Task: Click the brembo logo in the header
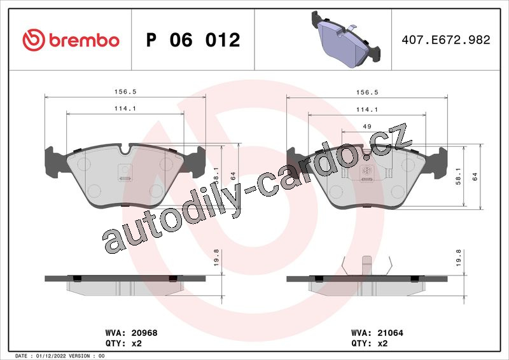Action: [x=71, y=40]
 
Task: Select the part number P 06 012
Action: [x=193, y=40]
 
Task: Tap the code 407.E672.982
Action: [x=446, y=39]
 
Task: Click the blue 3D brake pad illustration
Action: [x=345, y=39]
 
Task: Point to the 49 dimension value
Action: [x=367, y=127]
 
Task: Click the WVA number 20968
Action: [x=144, y=333]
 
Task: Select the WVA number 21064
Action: [x=390, y=333]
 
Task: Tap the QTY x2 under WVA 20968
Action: [x=123, y=343]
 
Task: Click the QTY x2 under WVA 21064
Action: [x=370, y=343]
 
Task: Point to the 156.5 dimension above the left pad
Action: [x=125, y=92]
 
